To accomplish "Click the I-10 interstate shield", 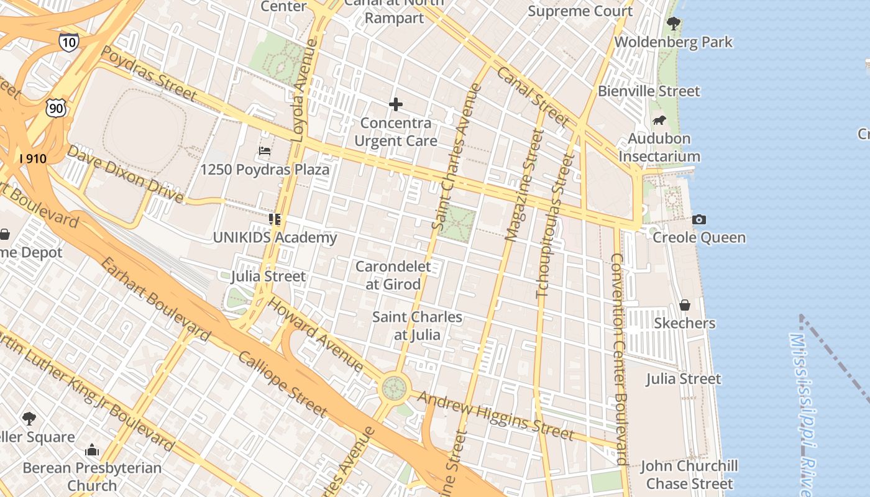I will pos(69,42).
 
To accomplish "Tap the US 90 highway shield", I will pos(55,109).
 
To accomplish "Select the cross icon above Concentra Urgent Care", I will pos(395,104).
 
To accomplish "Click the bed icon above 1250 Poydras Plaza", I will pos(265,151).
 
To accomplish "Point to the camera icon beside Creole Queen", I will pos(698,219).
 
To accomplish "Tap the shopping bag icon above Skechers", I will pos(684,305).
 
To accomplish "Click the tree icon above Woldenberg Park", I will pos(673,24).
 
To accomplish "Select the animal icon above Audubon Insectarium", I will pos(659,121).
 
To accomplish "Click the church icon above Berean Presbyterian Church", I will pos(92,450).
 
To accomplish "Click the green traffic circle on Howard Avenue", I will pos(394,388).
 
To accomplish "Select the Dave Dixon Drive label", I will pos(124,174).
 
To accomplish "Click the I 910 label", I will pos(33,158).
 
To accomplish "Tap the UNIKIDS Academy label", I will pos(275,237).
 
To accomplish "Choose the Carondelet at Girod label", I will pos(393,275).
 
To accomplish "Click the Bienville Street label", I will pos(648,91).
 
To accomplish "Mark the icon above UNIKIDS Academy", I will pos(274,219).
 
